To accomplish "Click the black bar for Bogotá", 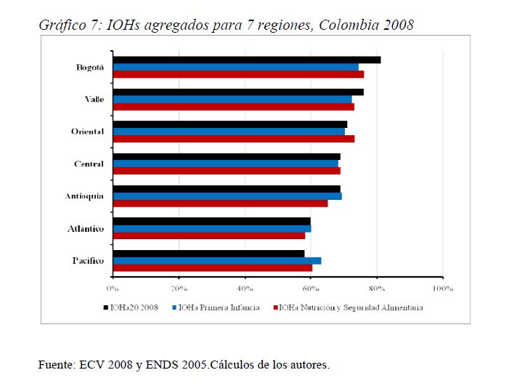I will [x=247, y=60].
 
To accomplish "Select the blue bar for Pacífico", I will [x=217, y=260].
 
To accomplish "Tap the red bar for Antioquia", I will [x=220, y=203].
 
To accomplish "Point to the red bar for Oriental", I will [x=234, y=138].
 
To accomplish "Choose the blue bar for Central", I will [x=226, y=164].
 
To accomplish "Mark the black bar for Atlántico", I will [x=212, y=220].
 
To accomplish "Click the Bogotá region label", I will [x=90, y=67].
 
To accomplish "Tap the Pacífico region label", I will [x=88, y=260].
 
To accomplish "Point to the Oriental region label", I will [x=88, y=132].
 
